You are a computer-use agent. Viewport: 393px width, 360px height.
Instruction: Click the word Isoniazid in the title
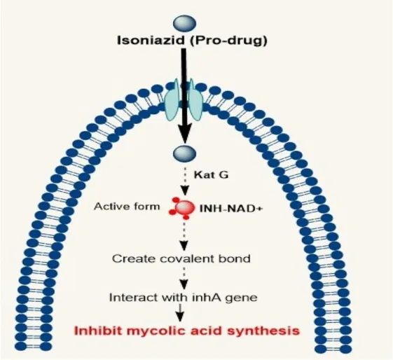151,40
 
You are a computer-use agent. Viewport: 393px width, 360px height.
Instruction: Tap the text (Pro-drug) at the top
228,41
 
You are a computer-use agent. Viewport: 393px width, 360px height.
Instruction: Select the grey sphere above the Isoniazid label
184,24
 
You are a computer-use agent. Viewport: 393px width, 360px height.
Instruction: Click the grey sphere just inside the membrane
185,153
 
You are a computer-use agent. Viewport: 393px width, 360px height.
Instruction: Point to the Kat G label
211,174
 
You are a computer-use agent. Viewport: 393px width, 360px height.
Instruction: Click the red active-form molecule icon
182,208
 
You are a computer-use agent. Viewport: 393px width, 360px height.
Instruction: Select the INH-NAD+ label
230,209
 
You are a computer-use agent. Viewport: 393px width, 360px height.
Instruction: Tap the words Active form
127,207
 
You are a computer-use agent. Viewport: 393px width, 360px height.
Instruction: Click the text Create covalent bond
181,258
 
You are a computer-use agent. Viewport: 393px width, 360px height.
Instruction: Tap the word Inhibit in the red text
99,331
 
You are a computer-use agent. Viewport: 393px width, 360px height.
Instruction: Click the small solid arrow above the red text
181,312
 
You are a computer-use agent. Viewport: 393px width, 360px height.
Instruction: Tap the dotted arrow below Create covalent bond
184,278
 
